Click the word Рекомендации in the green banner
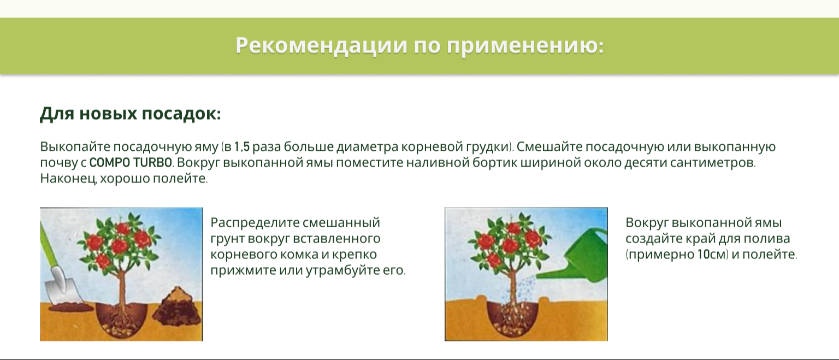(321, 45)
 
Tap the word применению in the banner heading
(525, 45)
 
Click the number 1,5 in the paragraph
(242, 146)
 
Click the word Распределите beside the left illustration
(255, 223)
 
